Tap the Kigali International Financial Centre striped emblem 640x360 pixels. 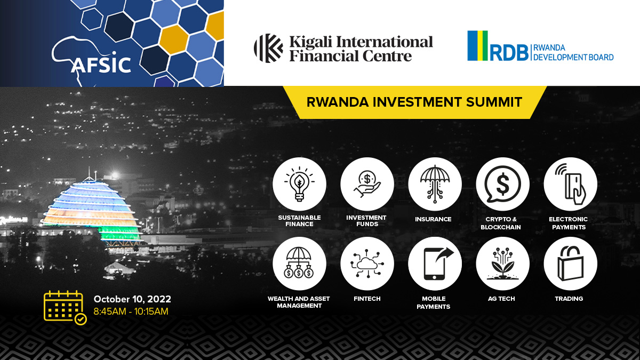pyautogui.click(x=268, y=48)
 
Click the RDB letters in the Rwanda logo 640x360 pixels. pyautogui.click(x=509, y=53)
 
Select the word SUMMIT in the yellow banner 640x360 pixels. pyautogui.click(x=494, y=102)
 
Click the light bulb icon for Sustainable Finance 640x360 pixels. pyautogui.click(x=299, y=184)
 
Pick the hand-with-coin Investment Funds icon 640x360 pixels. pyautogui.click(x=367, y=183)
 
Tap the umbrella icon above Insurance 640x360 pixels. pyautogui.click(x=435, y=184)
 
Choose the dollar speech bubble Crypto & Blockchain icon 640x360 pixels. pyautogui.click(x=502, y=184)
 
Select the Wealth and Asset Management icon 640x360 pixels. pyautogui.click(x=299, y=263)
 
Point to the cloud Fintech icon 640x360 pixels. pyautogui.click(x=367, y=263)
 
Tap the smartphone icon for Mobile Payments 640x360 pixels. pyautogui.click(x=437, y=263)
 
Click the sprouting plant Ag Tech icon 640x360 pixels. pyautogui.click(x=502, y=263)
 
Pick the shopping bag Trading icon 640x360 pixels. pyautogui.click(x=571, y=263)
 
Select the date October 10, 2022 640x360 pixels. pyautogui.click(x=132, y=299)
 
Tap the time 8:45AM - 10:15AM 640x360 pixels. pyautogui.click(x=131, y=311)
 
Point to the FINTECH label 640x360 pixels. pyautogui.click(x=367, y=299)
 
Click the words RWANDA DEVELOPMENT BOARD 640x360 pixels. pyautogui.click(x=573, y=53)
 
